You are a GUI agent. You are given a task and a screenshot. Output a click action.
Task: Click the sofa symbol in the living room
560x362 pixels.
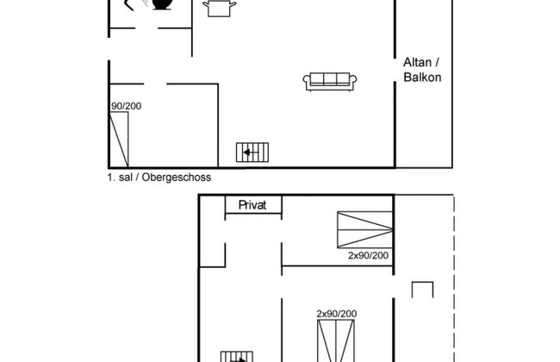pyautogui.click(x=330, y=81)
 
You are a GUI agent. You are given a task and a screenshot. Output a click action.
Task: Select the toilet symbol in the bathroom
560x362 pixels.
pyautogui.click(x=161, y=4)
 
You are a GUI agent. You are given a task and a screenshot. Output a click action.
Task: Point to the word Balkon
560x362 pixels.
pyautogui.click(x=422, y=77)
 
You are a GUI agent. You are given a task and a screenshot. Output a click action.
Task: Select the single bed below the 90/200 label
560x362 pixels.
pyautogui.click(x=119, y=139)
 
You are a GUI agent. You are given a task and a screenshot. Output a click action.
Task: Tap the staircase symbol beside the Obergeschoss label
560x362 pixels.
pyautogui.click(x=253, y=153)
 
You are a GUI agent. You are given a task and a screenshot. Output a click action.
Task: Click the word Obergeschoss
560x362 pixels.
pyautogui.click(x=177, y=177)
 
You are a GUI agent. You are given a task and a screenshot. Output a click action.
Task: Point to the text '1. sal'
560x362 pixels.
pyautogui.click(x=121, y=177)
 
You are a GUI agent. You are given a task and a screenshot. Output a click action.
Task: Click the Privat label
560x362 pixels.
pyautogui.click(x=253, y=205)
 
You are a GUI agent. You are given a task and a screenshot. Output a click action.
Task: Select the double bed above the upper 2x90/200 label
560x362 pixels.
pyautogui.click(x=364, y=229)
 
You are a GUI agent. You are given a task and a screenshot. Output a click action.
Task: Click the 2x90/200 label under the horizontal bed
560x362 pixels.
pyautogui.click(x=368, y=256)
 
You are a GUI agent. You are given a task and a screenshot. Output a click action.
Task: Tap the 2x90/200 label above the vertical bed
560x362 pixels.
pyautogui.click(x=336, y=313)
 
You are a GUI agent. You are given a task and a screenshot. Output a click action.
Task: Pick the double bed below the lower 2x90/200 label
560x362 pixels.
pyautogui.click(x=336, y=340)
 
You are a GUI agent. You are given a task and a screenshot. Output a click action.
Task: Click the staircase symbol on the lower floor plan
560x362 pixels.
pyautogui.click(x=236, y=356)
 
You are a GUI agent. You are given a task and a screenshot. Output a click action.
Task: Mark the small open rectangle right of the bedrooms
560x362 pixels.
pyautogui.click(x=422, y=290)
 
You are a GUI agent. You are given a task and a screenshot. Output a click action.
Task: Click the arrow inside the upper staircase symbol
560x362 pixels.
pyautogui.click(x=249, y=153)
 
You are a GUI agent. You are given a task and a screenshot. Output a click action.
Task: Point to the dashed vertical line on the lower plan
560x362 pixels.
pyautogui.click(x=452, y=276)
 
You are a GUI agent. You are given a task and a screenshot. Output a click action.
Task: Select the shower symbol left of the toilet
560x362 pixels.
pyautogui.click(x=134, y=4)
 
